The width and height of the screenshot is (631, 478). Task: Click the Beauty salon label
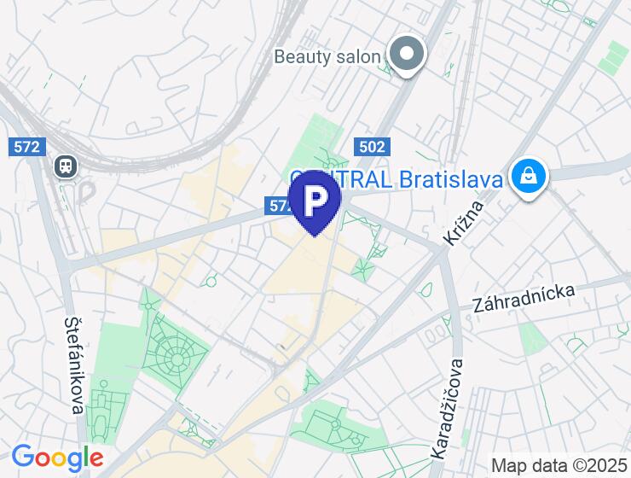[327, 56]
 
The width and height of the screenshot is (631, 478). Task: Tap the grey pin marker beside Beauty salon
[407, 54]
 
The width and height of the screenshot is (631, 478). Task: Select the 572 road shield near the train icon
[26, 147]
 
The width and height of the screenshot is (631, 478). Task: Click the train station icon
[66, 166]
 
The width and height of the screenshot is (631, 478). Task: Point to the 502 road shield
[372, 147]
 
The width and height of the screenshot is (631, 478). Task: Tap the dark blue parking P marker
[315, 200]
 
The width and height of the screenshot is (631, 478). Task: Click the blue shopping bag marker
[529, 177]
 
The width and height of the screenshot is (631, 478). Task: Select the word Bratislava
[453, 179]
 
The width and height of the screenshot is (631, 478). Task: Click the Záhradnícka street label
[524, 296]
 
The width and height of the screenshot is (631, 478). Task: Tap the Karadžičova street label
[448, 406]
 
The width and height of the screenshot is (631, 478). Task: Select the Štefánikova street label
[73, 365]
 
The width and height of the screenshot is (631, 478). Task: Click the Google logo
[57, 458]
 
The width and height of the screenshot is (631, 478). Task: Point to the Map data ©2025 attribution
[559, 465]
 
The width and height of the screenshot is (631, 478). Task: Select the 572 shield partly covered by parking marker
[279, 206]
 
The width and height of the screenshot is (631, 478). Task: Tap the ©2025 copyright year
[598, 465]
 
